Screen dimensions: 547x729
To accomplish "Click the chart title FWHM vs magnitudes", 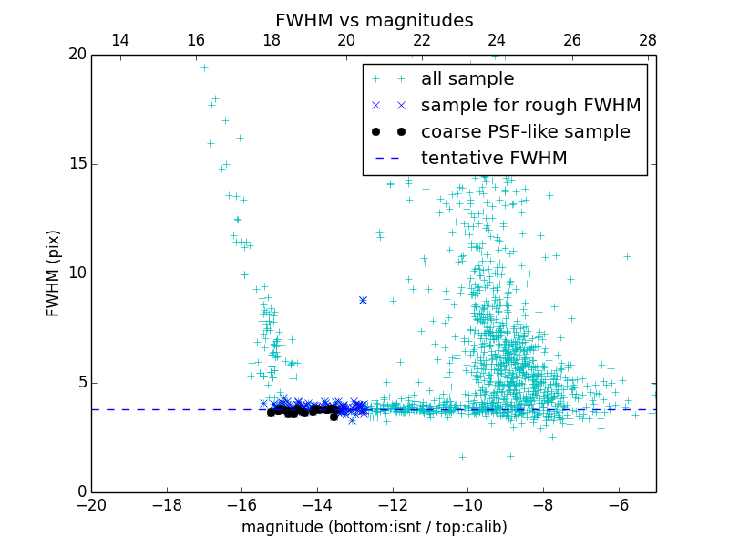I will [374, 20].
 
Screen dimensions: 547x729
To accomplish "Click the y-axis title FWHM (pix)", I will [54, 273].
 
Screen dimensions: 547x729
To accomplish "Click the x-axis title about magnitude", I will [374, 527].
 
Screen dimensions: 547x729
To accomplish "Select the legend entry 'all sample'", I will [467, 79].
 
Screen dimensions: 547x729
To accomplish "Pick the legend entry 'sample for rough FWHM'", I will [530, 106].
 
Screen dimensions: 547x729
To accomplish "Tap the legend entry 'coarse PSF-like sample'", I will [525, 132].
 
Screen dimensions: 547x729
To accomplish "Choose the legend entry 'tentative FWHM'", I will [494, 159].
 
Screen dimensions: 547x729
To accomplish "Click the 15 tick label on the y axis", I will [76, 164].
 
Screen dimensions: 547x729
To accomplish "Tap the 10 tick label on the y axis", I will [76, 273].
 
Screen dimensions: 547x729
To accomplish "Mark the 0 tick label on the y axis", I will [80, 492].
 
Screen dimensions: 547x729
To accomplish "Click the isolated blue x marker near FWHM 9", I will [363, 300].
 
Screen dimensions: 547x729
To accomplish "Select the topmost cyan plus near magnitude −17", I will [204, 67].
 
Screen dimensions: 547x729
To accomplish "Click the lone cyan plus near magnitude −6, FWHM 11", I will [627, 256].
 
